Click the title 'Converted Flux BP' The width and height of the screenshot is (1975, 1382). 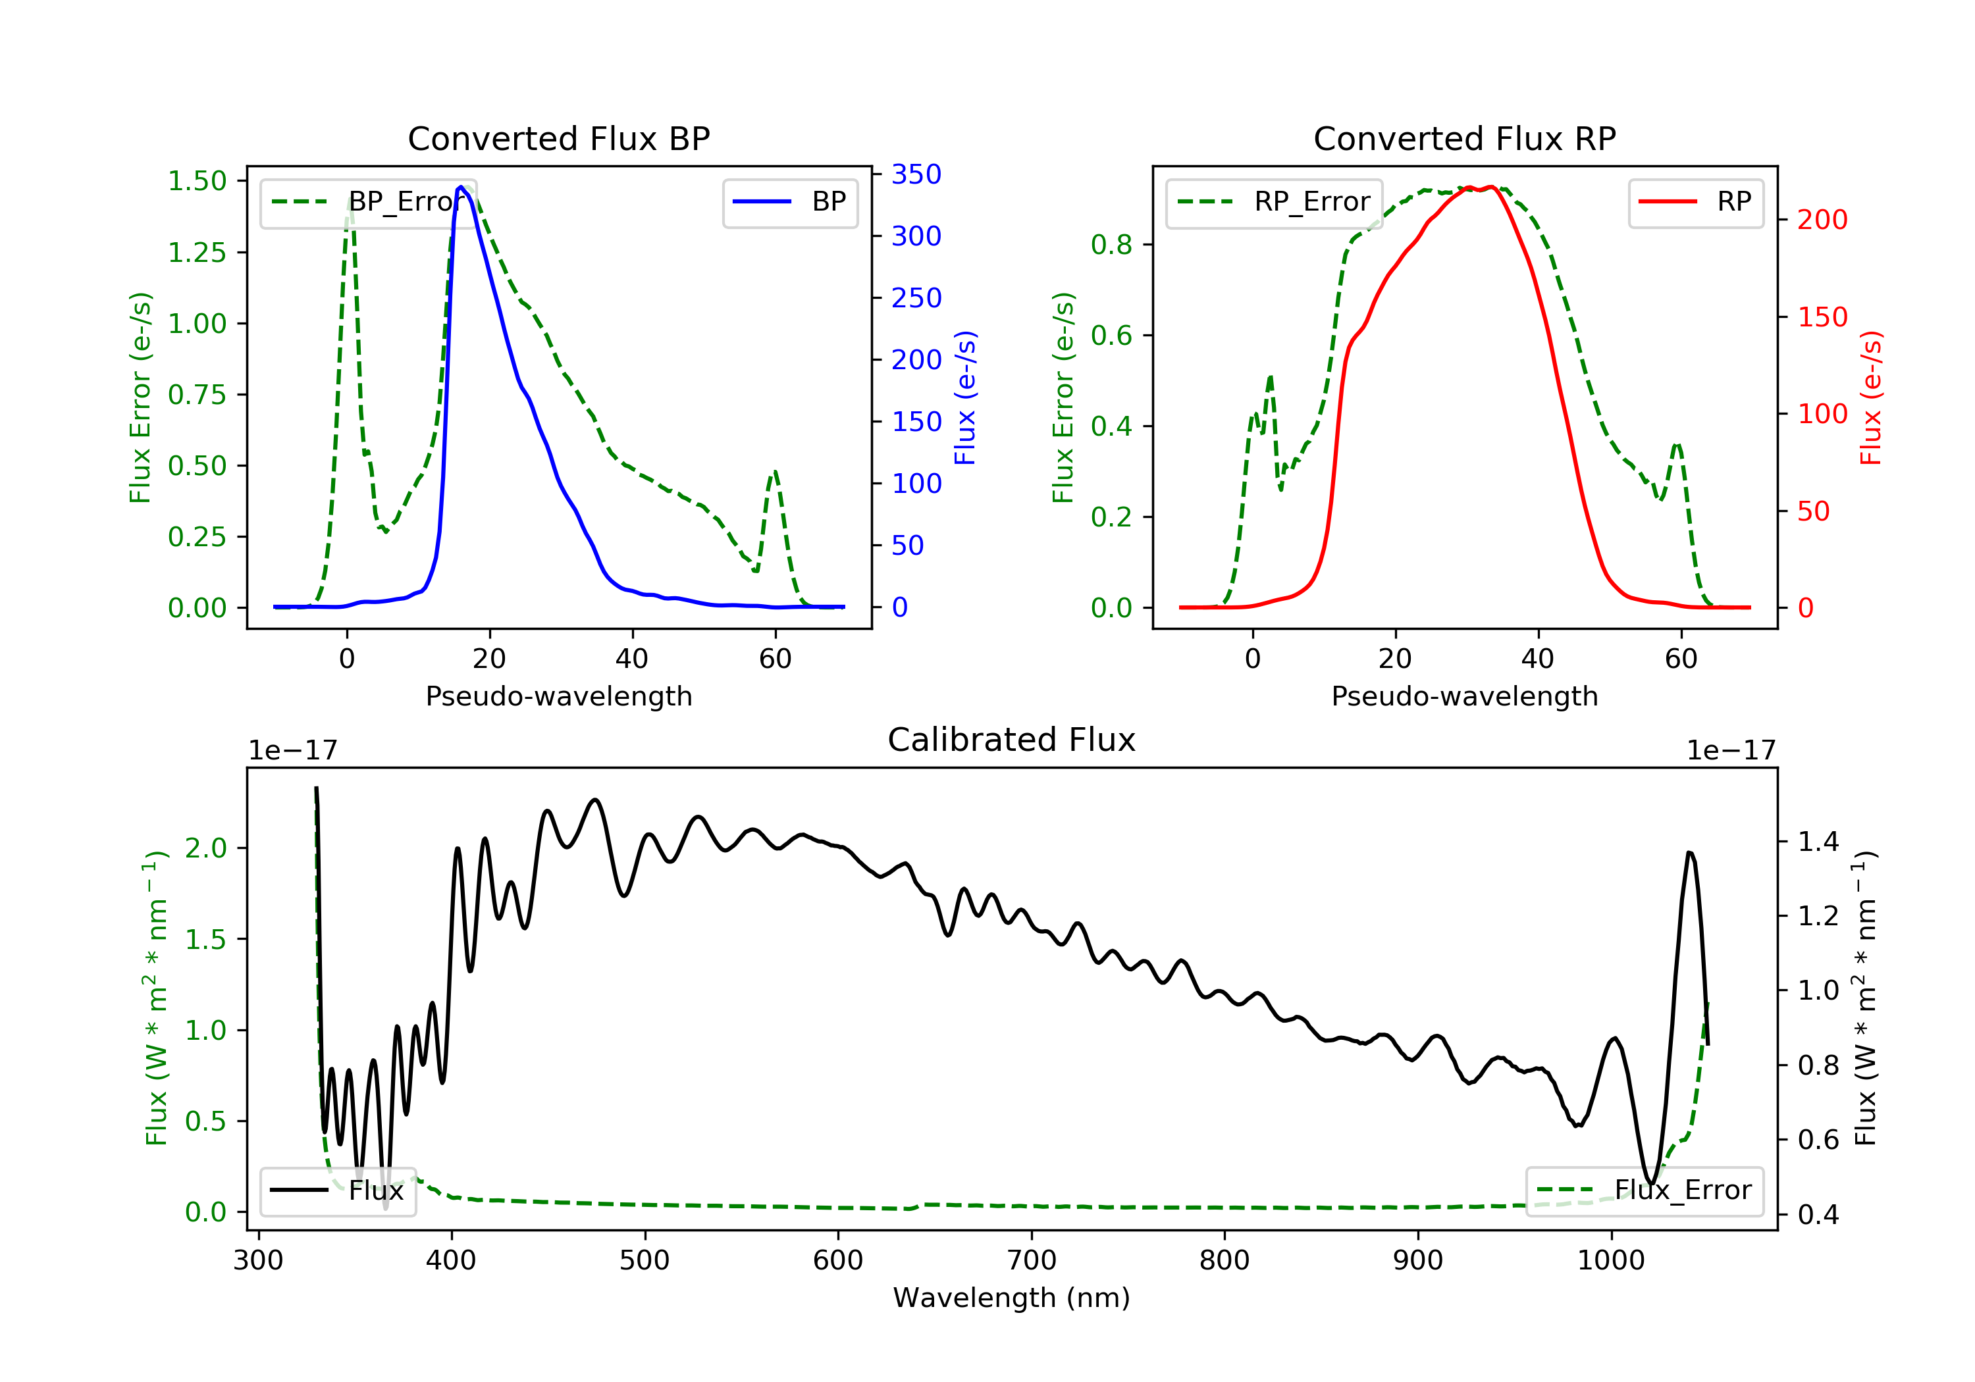coord(558,138)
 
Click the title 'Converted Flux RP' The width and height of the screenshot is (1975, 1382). coord(1464,138)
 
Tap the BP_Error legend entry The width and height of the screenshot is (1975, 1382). coord(367,202)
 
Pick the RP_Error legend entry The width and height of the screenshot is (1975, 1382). coord(1273,202)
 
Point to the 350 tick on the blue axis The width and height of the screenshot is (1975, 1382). coord(916,174)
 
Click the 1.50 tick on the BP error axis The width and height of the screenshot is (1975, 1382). coord(197,182)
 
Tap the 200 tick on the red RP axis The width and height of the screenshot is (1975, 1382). coord(1822,220)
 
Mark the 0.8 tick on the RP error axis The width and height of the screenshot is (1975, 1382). coord(1111,245)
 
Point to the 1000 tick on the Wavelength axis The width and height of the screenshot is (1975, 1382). coord(1610,1260)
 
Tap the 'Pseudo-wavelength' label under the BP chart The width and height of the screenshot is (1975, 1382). coord(558,696)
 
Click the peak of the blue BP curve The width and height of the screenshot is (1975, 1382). coord(461,187)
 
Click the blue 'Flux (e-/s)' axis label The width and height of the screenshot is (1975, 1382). coord(965,397)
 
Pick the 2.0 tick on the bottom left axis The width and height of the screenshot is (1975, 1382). coord(205,848)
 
